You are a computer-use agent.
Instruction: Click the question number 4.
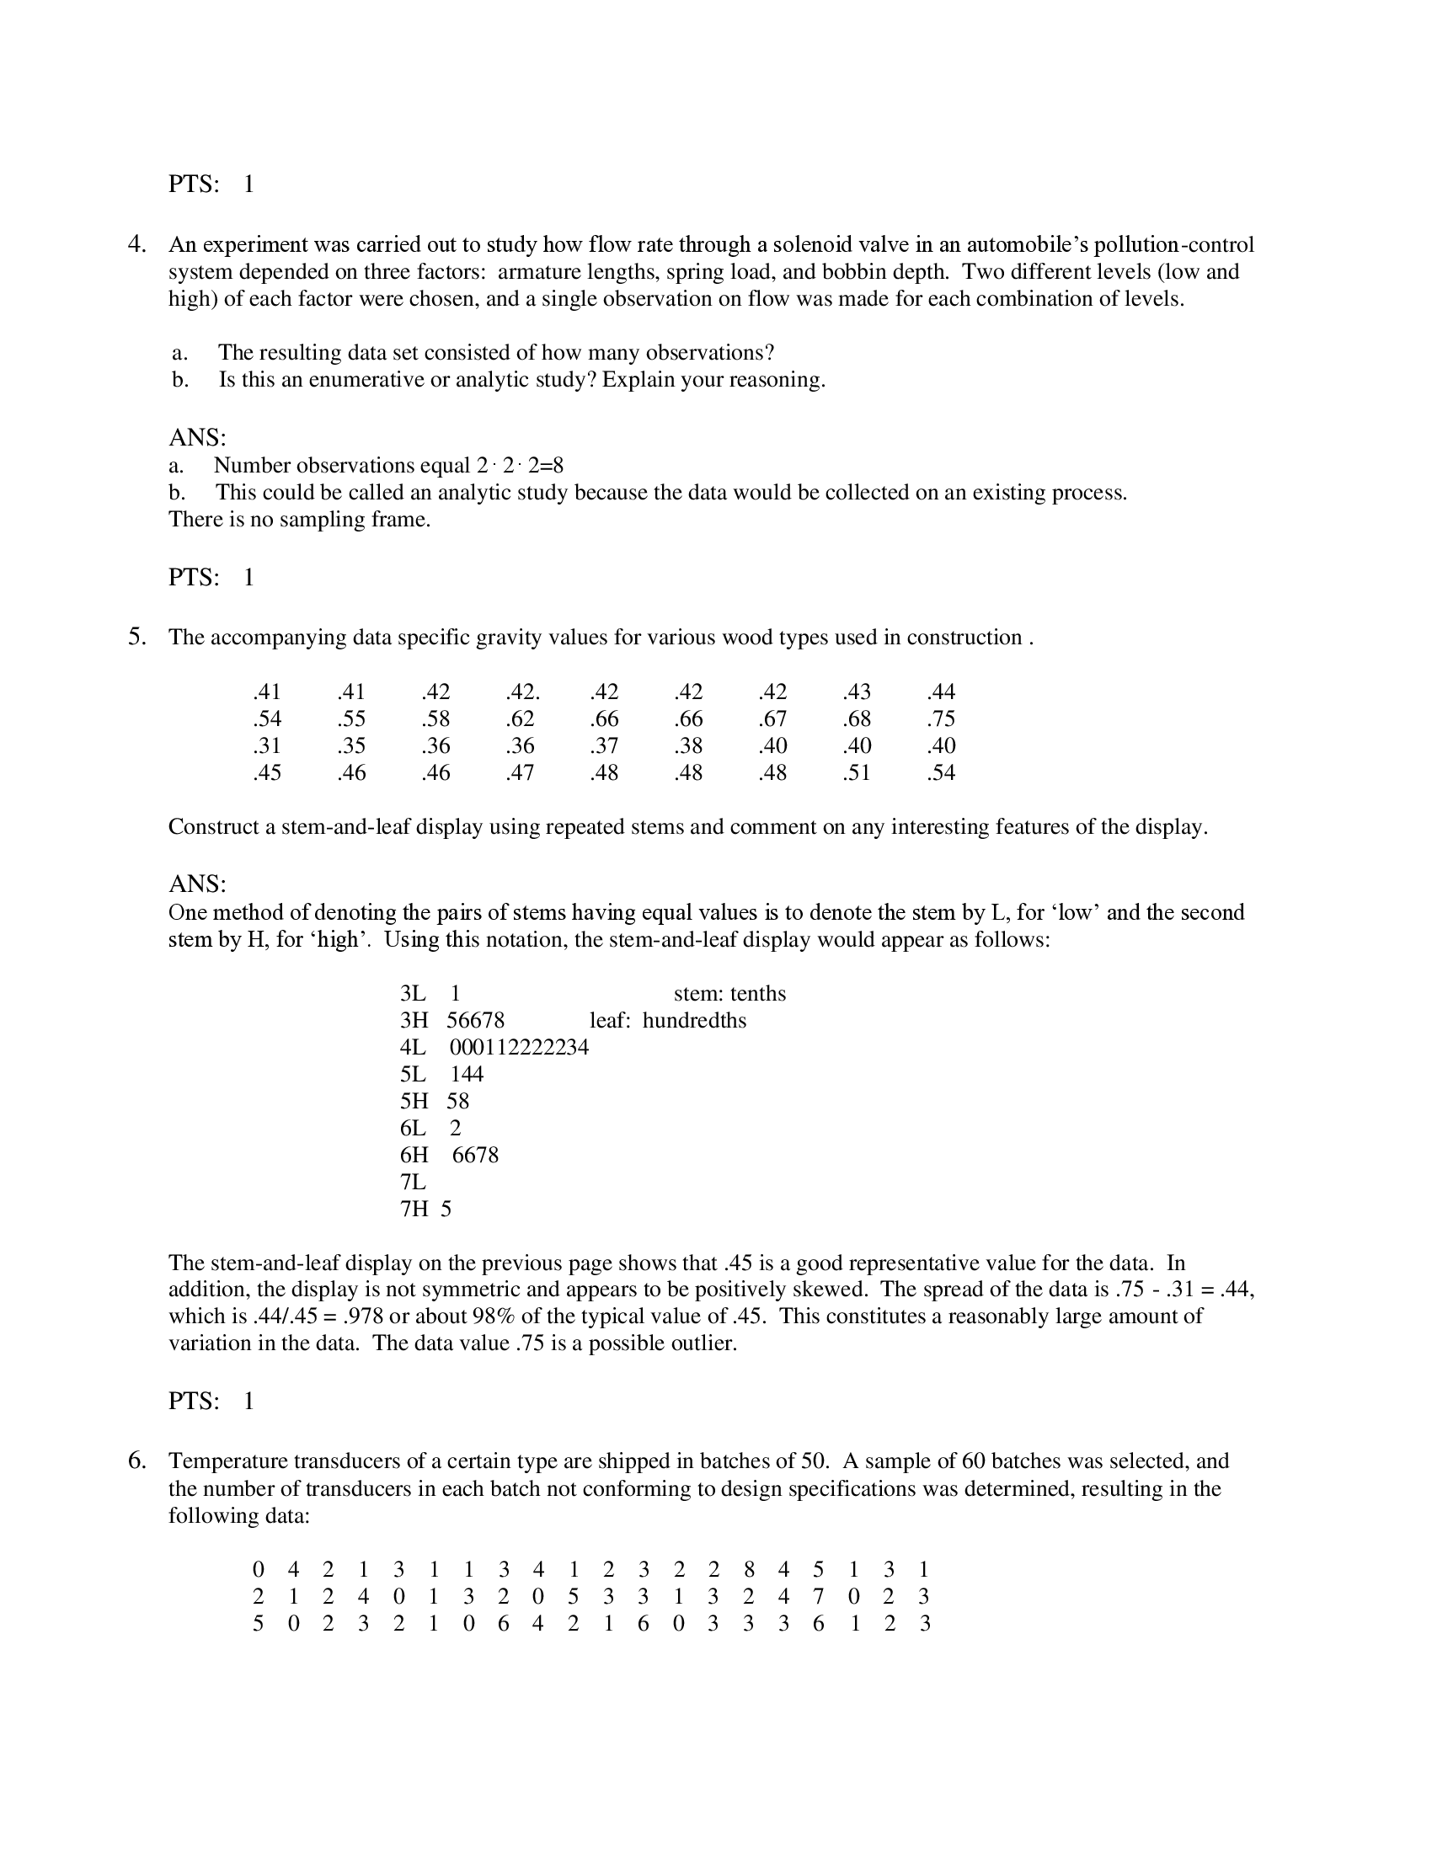136,245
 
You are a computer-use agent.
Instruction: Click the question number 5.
136,638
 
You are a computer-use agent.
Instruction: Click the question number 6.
136,1461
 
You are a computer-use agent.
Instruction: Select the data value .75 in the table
941,718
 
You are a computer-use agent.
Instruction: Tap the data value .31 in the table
266,745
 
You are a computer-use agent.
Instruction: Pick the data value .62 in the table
520,718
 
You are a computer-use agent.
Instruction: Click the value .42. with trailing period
522,692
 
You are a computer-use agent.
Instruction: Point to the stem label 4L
413,1047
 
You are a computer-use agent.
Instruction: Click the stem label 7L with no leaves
413,1182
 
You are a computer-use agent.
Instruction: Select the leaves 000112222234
518,1047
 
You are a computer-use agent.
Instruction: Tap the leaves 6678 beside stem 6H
475,1155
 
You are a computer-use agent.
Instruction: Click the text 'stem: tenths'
729,994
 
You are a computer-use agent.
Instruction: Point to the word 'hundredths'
694,1020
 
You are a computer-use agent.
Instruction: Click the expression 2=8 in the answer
546,466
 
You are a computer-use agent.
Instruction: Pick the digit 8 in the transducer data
749,1570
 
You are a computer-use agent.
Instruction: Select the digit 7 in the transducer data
818,1597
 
